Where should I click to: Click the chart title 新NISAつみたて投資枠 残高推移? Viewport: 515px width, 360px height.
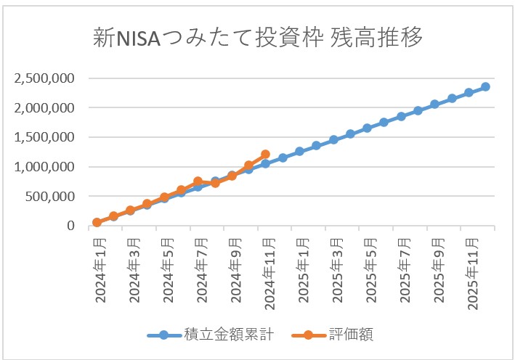click(258, 38)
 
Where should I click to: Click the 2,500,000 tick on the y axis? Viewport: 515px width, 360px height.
click(46, 78)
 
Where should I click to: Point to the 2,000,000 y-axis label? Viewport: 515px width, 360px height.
click(46, 108)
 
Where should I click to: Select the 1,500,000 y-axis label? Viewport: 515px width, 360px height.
click(46, 137)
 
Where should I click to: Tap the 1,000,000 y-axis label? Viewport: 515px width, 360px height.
click(46, 167)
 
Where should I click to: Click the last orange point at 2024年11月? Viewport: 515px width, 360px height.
click(266, 155)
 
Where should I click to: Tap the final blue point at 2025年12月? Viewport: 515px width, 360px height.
click(486, 86)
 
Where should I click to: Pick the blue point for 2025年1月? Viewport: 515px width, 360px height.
click(299, 151)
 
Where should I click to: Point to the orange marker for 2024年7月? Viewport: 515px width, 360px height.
click(198, 181)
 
